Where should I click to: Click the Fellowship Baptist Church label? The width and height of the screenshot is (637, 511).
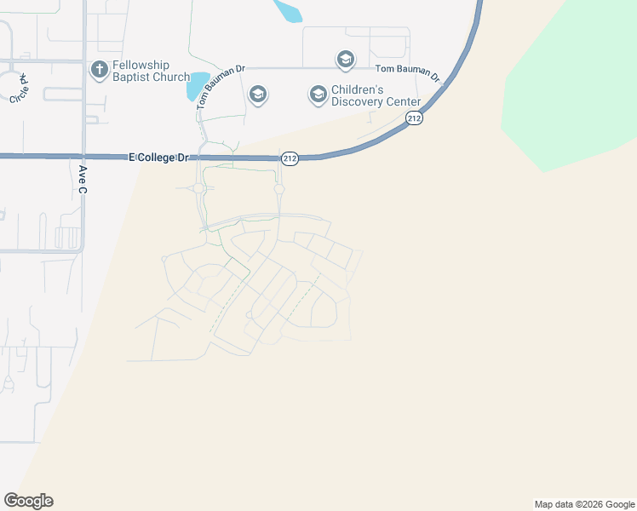point(141,71)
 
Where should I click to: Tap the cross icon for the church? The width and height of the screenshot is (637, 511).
point(99,67)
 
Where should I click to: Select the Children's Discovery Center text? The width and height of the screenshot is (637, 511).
point(376,95)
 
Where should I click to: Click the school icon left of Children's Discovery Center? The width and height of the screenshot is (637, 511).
point(318,94)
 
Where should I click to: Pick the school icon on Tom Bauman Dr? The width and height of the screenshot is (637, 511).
point(345,60)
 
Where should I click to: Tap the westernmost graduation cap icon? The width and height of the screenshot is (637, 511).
point(258,94)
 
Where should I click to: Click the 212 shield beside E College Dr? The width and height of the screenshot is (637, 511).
point(290,158)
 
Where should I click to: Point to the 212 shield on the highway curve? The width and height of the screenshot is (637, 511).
point(414,118)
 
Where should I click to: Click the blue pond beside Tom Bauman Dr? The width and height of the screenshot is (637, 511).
point(198,86)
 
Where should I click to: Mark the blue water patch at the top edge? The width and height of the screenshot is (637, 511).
point(288,9)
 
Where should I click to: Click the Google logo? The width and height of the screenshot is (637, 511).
point(28,501)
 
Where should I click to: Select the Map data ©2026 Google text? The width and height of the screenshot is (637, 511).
point(584,504)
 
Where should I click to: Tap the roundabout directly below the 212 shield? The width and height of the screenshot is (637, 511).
point(278,189)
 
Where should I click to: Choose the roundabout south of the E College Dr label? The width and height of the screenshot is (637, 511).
point(198,188)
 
